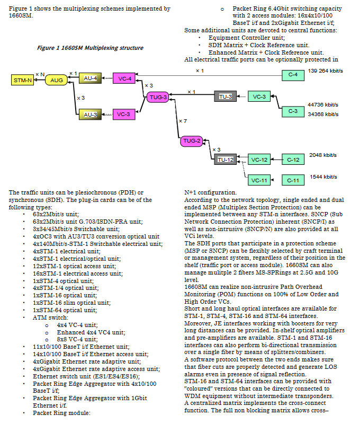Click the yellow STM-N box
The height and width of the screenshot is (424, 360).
[22, 80]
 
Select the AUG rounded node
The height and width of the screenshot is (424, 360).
[56, 80]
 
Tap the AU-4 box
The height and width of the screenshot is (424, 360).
[90, 78]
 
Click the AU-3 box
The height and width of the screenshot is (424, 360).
[90, 114]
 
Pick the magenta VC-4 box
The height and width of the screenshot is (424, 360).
[124, 78]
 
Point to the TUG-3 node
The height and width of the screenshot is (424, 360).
[158, 97]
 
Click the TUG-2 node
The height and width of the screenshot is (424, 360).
[192, 141]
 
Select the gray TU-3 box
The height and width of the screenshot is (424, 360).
[225, 96]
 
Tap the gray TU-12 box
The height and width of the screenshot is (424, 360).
[225, 160]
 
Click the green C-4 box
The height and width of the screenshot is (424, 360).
[293, 75]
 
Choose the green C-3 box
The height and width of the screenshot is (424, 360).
[293, 111]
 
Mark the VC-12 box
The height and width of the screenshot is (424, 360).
[259, 160]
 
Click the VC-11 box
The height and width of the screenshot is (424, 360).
[259, 180]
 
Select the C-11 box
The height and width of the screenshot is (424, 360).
[293, 180]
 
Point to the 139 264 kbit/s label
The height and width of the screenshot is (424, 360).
[326, 71]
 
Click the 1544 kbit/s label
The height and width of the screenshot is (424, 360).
[323, 177]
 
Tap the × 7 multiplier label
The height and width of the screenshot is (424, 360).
[183, 121]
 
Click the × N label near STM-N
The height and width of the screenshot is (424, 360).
[40, 74]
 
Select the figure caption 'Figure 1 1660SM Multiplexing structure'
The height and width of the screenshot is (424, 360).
[90, 48]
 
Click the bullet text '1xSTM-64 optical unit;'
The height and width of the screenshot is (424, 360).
[65, 310]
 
